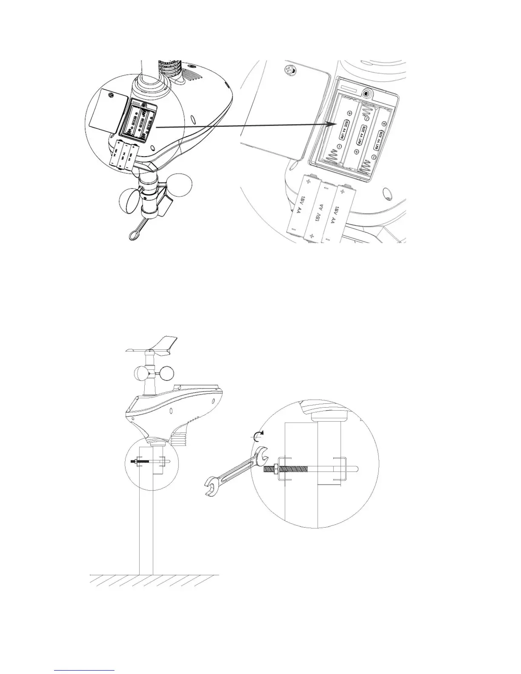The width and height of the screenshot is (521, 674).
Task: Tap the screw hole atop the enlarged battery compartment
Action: point(366,91)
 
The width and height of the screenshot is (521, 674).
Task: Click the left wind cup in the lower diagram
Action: point(141,374)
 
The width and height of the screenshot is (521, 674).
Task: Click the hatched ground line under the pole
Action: point(154,579)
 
